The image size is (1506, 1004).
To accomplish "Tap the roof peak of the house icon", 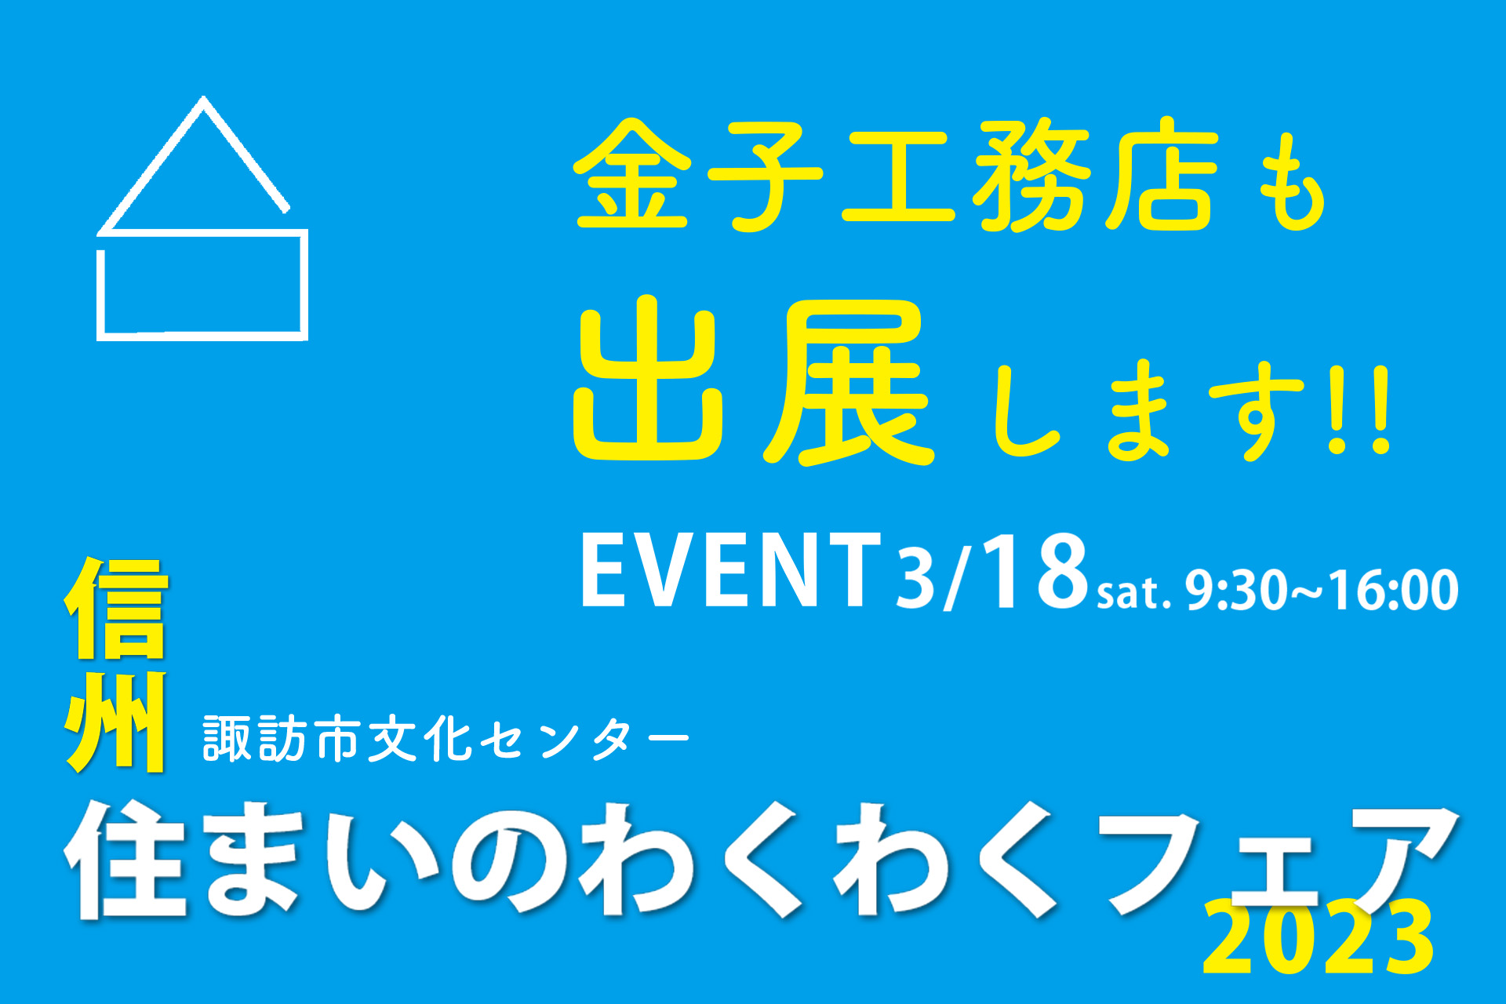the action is point(204,99).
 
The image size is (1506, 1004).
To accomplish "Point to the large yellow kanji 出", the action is point(649,380).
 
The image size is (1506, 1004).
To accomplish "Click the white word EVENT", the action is point(731,569).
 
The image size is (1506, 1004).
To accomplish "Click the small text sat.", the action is point(1134,593).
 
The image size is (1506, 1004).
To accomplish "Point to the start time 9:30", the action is point(1236,590).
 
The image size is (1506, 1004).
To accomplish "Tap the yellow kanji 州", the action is point(116,722).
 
